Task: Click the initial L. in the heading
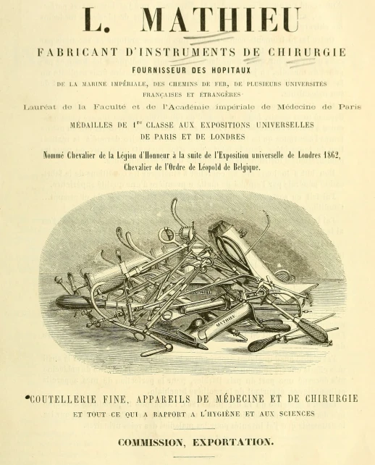96,21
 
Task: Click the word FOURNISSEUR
163,70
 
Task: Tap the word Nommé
57,156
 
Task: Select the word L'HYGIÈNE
230,414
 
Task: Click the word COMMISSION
149,440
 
